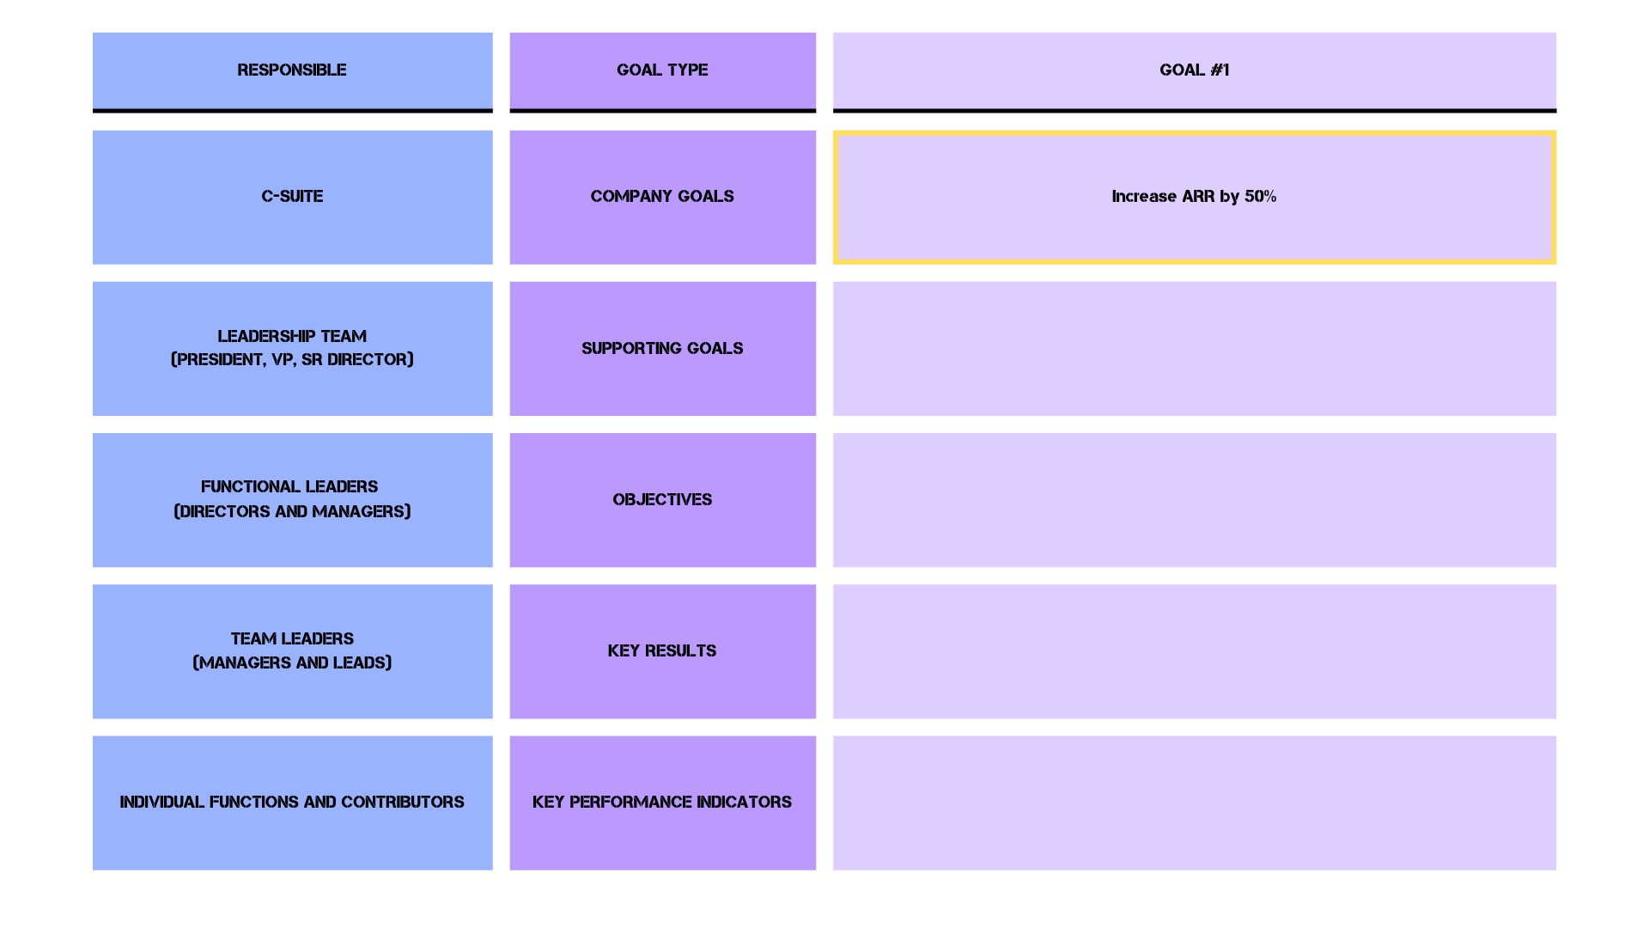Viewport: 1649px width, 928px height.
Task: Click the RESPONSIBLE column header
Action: tap(292, 70)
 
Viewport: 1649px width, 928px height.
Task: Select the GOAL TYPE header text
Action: tap(662, 70)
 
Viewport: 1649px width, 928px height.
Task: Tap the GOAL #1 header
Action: tap(1194, 70)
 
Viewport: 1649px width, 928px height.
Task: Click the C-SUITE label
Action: tap(292, 196)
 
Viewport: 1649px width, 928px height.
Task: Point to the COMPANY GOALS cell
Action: tap(662, 196)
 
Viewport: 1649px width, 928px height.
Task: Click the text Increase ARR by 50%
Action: tap(1194, 196)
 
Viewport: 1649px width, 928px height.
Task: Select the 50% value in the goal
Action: tap(1260, 196)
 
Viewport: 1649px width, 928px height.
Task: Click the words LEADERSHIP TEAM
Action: tap(292, 336)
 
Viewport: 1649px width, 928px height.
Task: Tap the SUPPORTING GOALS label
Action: tap(662, 348)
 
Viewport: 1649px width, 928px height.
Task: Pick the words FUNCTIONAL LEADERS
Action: tap(289, 486)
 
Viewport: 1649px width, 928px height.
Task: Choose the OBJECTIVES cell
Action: tap(662, 499)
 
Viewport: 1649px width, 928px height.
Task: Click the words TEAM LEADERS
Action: tap(292, 638)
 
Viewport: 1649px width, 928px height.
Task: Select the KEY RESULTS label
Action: tap(662, 650)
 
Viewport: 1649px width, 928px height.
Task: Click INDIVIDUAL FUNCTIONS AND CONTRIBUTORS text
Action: tap(292, 802)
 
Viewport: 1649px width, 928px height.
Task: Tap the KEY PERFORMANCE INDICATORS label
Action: tap(662, 802)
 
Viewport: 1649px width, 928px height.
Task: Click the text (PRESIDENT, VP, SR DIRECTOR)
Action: tap(292, 359)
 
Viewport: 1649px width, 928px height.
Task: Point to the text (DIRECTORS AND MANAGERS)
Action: tap(292, 511)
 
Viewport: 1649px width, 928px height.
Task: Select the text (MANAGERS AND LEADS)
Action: tap(292, 662)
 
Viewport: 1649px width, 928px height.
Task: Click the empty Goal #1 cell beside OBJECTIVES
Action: tap(1194, 500)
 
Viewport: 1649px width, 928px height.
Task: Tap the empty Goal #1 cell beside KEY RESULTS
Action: tap(1194, 651)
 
